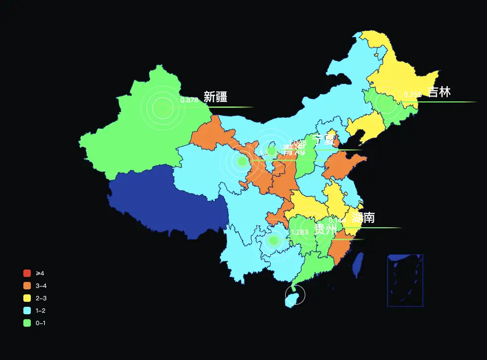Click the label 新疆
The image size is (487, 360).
(x=215, y=97)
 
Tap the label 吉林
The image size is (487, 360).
(x=439, y=92)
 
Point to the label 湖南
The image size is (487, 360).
(x=363, y=218)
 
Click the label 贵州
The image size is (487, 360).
(x=325, y=230)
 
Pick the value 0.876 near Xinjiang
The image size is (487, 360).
(x=189, y=100)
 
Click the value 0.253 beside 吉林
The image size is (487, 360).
(x=412, y=94)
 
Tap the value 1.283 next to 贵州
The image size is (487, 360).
(x=300, y=232)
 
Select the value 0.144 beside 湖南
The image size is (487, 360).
(x=337, y=220)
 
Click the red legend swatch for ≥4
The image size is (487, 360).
(x=27, y=273)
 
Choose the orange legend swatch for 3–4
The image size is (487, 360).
(x=27, y=285)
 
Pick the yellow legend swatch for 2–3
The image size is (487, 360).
(x=27, y=298)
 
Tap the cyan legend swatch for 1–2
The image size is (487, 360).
(x=27, y=310)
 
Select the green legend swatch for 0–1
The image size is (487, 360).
(x=27, y=323)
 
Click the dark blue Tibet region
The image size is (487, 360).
(x=164, y=199)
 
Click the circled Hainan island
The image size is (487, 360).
(x=295, y=295)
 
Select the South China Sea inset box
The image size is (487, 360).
(x=405, y=280)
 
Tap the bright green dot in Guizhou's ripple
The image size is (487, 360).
(x=273, y=241)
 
